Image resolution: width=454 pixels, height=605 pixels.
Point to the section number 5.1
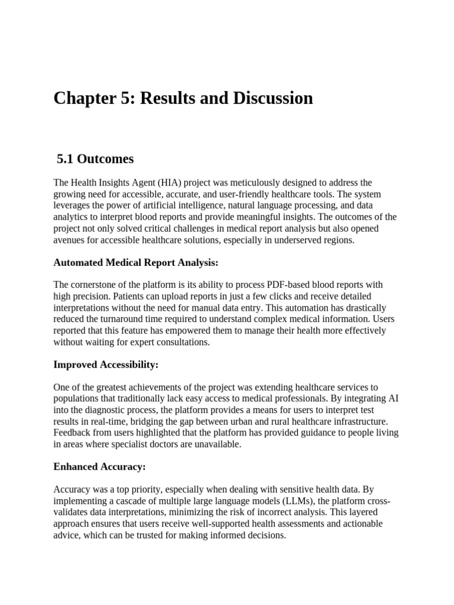66,159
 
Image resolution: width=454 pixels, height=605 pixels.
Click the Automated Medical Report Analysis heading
136,262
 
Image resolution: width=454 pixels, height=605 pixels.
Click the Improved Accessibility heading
106,365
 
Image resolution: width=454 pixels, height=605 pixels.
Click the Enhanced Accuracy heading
99,467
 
